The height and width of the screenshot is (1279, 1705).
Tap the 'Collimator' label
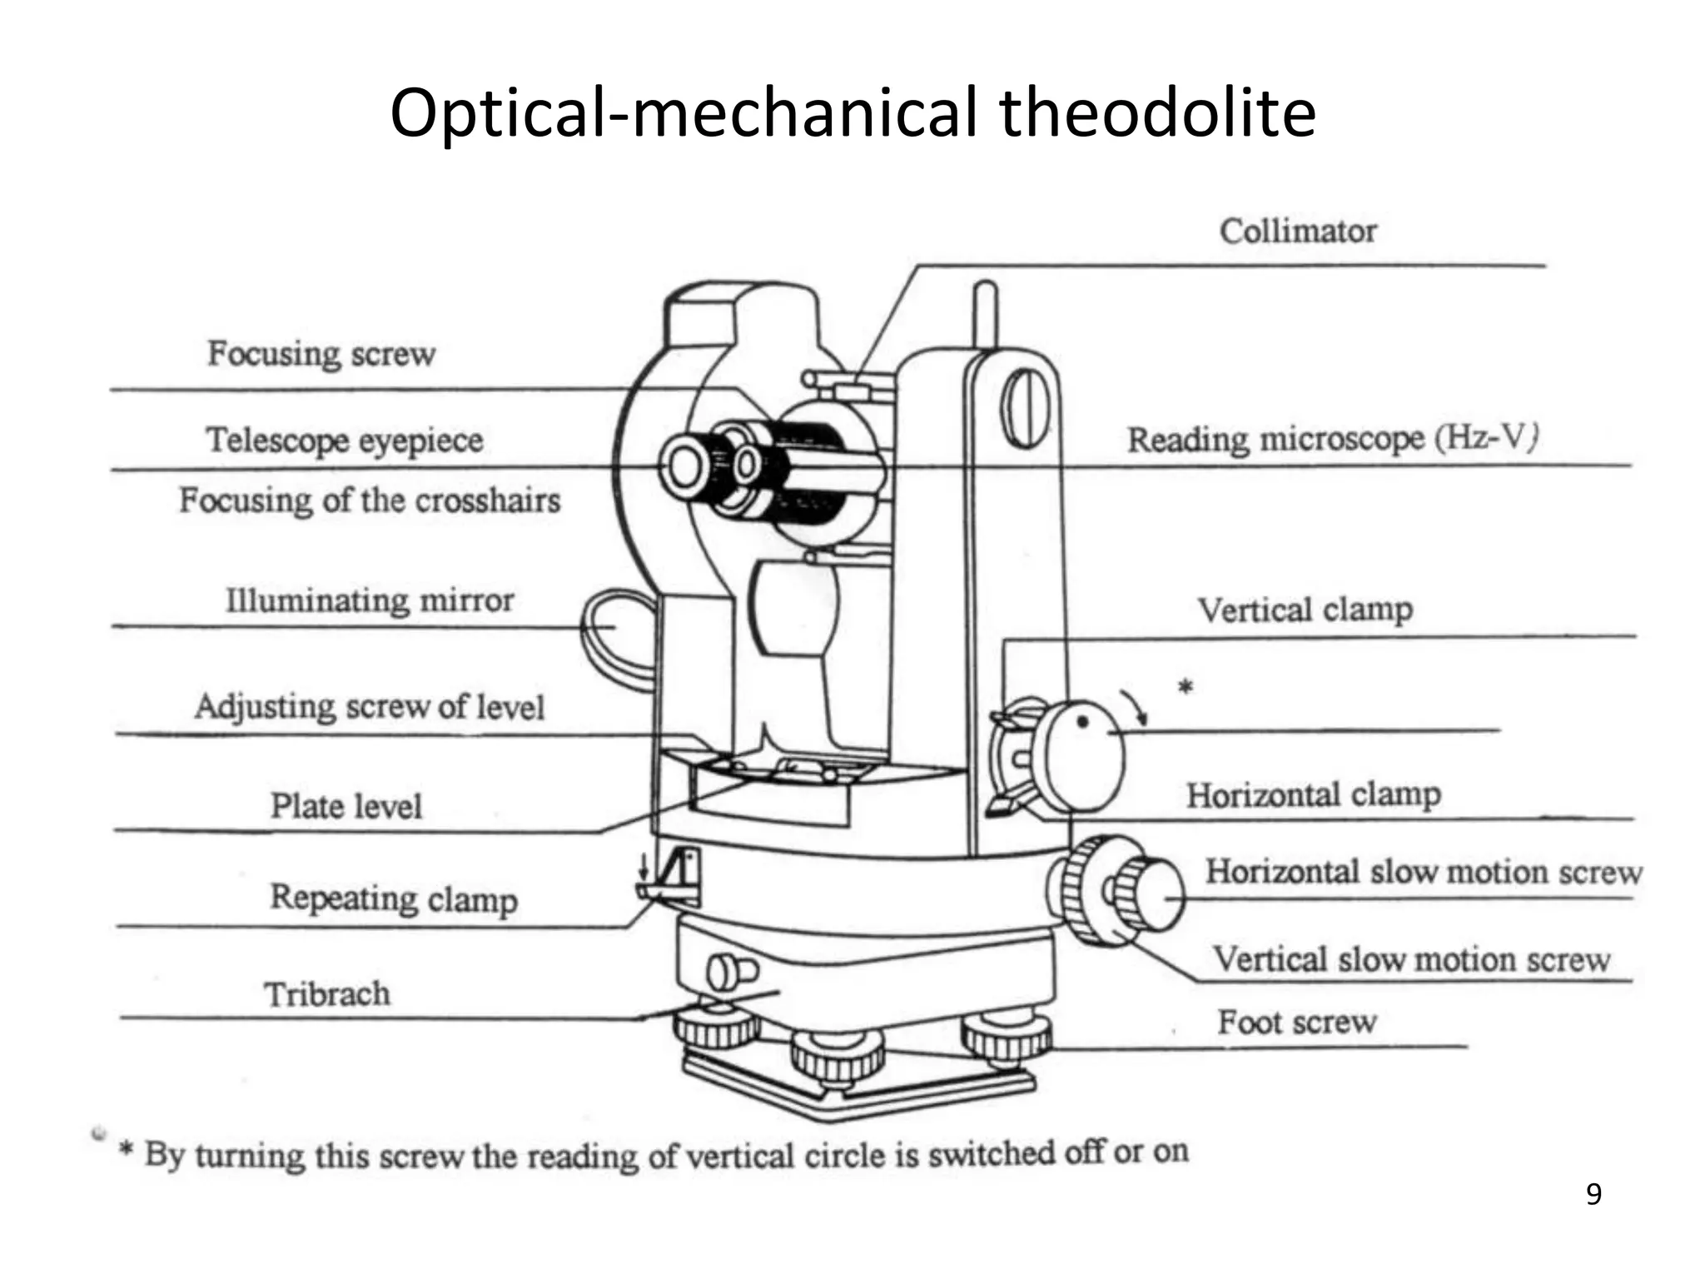point(1297,231)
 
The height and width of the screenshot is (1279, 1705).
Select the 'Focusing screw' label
point(321,354)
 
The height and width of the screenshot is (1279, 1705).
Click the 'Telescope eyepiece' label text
point(344,440)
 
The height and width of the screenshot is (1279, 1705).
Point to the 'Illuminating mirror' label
point(370,600)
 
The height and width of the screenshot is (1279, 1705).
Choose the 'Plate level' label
point(345,806)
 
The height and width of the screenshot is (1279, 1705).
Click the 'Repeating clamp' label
point(393,898)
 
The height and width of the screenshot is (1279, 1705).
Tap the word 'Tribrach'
point(326,994)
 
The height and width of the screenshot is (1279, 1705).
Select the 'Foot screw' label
point(1296,1022)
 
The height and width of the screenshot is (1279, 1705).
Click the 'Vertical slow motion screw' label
point(1410,959)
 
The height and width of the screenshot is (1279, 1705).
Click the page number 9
point(1593,1195)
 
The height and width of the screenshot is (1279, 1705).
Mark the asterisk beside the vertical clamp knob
point(1186,687)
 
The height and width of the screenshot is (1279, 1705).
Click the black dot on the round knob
point(1082,723)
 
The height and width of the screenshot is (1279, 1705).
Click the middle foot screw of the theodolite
point(837,1058)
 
